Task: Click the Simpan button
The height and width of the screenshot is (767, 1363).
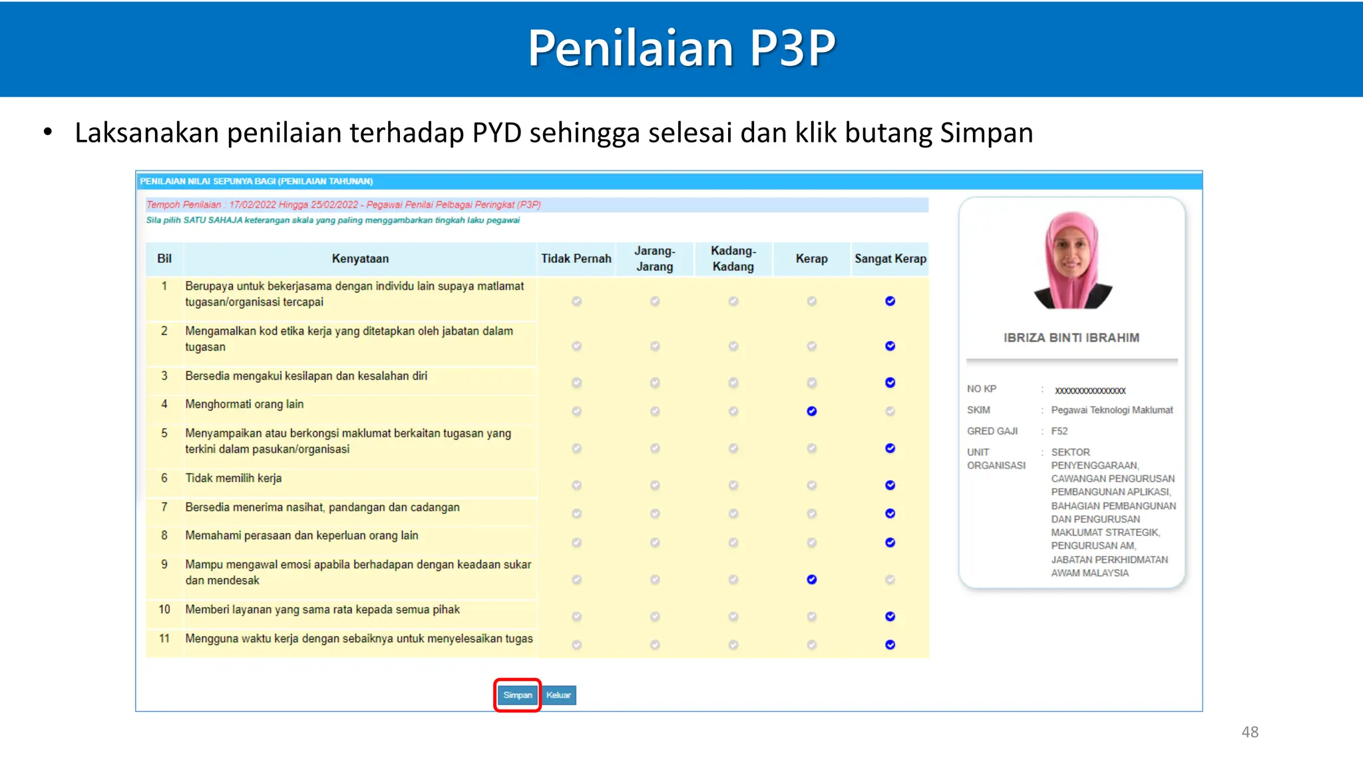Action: [517, 695]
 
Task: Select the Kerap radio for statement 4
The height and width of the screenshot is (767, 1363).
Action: [811, 411]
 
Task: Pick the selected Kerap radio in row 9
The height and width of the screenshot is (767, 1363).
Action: [811, 580]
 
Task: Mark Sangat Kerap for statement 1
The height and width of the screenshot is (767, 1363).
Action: [890, 302]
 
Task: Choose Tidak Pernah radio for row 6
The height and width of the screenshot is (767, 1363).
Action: [576, 485]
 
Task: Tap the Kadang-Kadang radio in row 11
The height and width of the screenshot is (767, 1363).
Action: [733, 645]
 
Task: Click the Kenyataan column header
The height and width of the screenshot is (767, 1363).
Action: [360, 259]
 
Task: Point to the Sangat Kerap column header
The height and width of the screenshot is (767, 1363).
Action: [890, 259]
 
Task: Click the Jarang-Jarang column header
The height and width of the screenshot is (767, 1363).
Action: [654, 259]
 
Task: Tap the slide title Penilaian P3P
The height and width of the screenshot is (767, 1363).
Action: [681, 48]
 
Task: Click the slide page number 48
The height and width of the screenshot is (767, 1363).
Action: [1249, 732]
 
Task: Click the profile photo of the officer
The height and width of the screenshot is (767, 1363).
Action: [1071, 260]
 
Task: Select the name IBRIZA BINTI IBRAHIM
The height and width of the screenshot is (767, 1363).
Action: [1071, 338]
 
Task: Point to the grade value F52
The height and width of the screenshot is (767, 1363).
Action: [1059, 431]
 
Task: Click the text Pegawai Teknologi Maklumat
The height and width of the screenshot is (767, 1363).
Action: [1111, 410]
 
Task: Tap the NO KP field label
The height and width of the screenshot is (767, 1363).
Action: [981, 389]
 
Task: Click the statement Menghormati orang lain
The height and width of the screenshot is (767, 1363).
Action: [244, 404]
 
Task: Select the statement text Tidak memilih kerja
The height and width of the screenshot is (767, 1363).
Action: [233, 478]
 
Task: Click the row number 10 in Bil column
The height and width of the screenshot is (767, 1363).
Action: [164, 610]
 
